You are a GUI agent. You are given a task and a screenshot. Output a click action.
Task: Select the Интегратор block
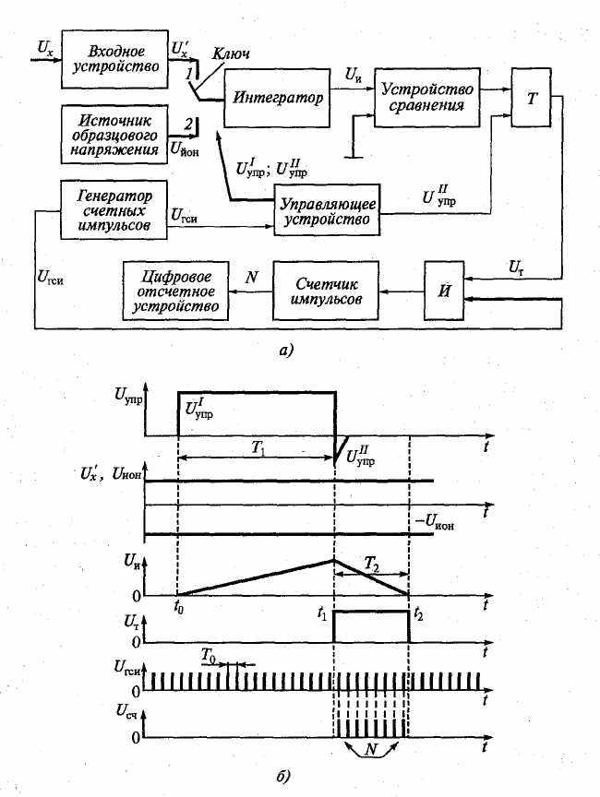277,98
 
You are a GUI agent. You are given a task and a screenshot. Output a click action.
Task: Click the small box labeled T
531,96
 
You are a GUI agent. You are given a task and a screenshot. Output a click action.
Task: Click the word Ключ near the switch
233,54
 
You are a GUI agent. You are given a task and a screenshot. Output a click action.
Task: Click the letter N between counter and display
250,276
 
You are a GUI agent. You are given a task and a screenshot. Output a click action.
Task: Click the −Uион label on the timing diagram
437,521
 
